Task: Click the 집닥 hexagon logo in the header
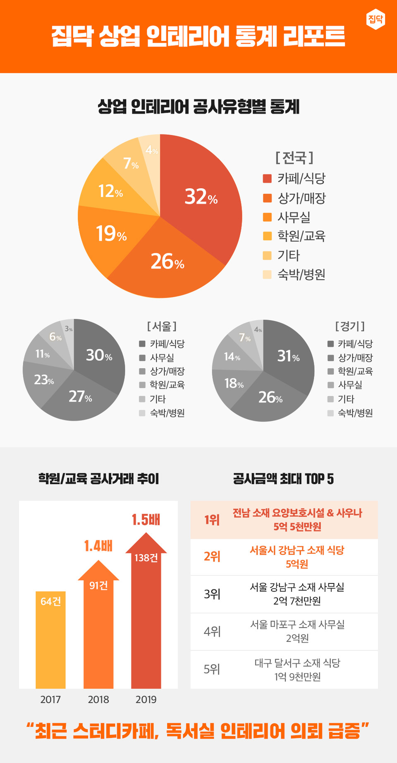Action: coord(375,19)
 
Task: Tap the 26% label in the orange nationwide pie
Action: coord(167,262)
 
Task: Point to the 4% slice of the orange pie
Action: coord(151,149)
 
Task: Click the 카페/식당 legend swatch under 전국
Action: coord(267,178)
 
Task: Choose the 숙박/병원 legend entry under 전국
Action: coord(301,274)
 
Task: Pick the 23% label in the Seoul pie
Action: coord(44,379)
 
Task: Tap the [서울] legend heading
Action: coord(162,326)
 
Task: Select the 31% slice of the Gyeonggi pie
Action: coord(288,356)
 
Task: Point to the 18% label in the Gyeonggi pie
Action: coord(234,384)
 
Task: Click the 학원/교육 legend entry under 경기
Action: coord(355,371)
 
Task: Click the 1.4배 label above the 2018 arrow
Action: coord(98,546)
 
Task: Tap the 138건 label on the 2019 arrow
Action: coord(146,558)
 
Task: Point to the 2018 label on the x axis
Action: coord(98,700)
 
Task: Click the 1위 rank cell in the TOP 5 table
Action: coord(212,520)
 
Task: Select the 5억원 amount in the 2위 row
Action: coord(297,564)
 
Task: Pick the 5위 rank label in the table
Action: coord(212,669)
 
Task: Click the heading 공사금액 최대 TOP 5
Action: coord(283,479)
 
